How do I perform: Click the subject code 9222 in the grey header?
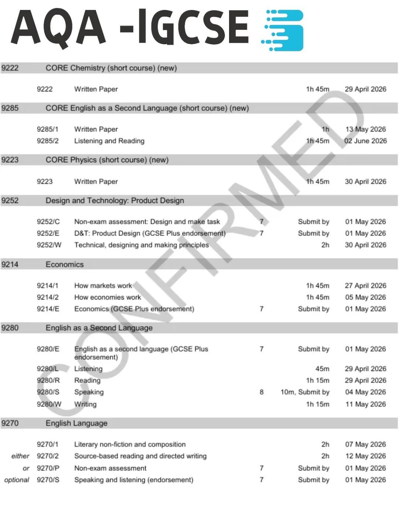tap(10, 68)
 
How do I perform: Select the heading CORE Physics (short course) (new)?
tap(107, 160)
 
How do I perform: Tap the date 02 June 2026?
tap(365, 141)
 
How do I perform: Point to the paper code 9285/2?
tap(47, 141)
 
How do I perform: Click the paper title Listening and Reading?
tap(109, 141)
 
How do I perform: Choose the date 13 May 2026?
tap(365, 129)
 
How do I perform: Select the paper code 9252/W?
tap(49, 245)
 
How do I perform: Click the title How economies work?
tap(108, 297)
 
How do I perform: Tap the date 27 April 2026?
tap(365, 285)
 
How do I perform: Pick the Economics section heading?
tap(65, 264)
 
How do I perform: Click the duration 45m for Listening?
tap(322, 369)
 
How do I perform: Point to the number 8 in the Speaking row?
tap(262, 392)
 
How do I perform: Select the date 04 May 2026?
tap(365, 392)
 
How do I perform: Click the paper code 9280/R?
tap(48, 380)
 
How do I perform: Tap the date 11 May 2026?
tap(365, 404)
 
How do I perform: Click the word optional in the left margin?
tap(17, 480)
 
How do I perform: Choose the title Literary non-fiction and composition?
tap(130, 444)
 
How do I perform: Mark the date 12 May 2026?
tap(365, 456)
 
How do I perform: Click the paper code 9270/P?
tap(48, 468)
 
